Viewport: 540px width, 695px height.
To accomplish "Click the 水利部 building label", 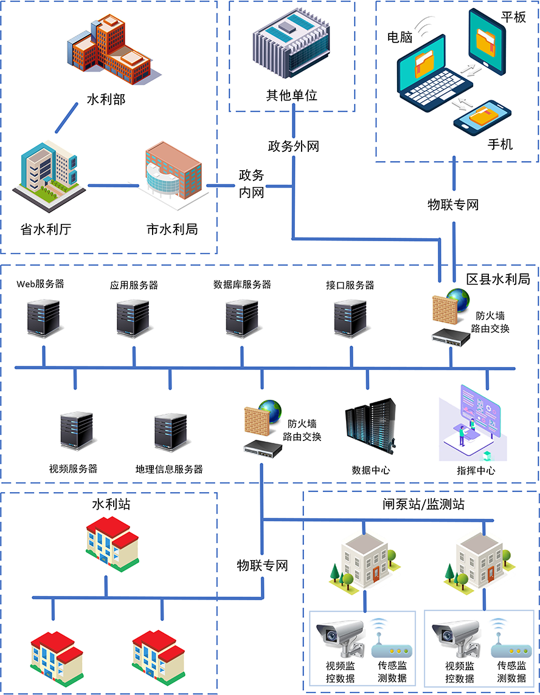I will (x=106, y=99).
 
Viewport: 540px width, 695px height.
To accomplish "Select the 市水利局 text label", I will (x=172, y=229).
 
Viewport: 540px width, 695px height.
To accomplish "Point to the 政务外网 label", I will (x=293, y=146).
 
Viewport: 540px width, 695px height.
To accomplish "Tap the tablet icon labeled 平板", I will (x=486, y=40).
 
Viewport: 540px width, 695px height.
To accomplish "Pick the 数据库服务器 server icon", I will (x=242, y=317).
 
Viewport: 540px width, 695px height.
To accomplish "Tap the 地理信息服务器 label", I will (x=169, y=469).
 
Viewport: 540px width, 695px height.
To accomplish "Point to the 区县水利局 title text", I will (x=498, y=279).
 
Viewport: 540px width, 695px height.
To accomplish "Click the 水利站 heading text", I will (x=111, y=504).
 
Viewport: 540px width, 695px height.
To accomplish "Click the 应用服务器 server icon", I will (x=134, y=317).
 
